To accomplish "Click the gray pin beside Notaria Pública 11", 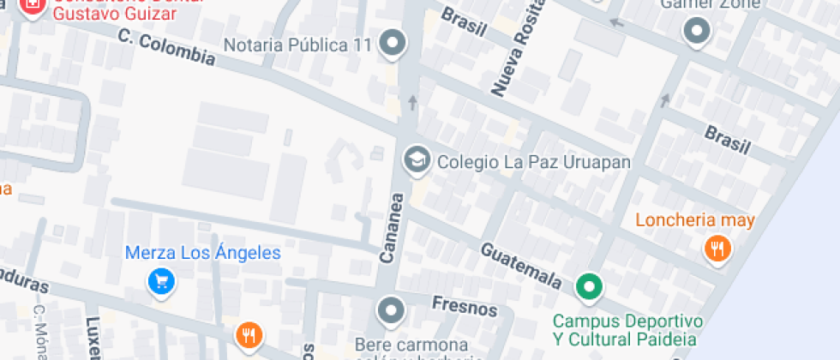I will (x=393, y=43).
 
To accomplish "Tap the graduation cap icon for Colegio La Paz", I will (x=417, y=160).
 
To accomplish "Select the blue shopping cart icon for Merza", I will (x=161, y=280).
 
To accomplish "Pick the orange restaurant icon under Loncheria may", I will (x=717, y=249).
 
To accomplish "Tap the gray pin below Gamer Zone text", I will (x=696, y=32).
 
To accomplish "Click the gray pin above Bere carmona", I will (x=391, y=310).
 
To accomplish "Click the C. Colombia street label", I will (x=166, y=48).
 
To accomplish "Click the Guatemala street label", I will (x=521, y=266).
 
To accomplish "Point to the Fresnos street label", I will (x=453, y=306).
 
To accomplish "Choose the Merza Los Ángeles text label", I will (x=203, y=253).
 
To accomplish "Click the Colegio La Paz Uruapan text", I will (x=534, y=162).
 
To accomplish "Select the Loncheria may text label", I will (x=695, y=220).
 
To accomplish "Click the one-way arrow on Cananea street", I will (x=412, y=103).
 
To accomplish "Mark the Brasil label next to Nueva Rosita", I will (x=464, y=21).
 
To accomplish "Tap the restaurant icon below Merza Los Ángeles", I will (x=249, y=334).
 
